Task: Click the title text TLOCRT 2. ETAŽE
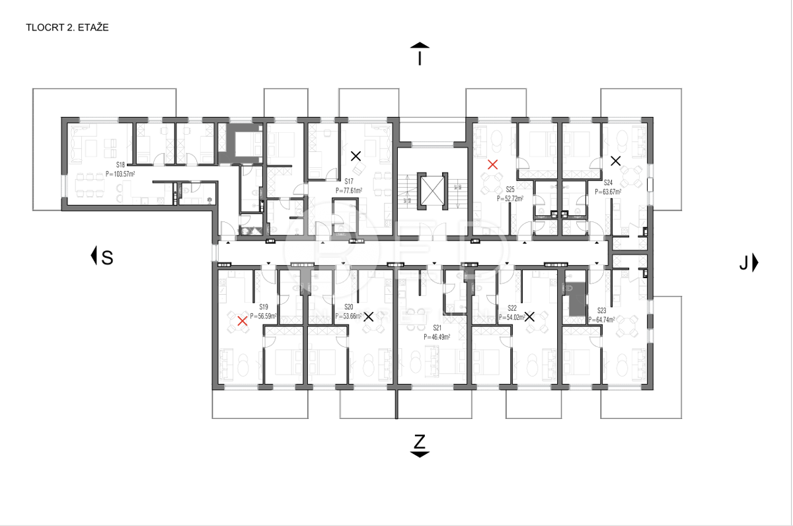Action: (x=67, y=28)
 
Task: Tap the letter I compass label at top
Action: (x=420, y=59)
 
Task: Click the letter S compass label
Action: (x=107, y=258)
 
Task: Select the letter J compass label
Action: (x=743, y=264)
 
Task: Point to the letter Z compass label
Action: (x=420, y=441)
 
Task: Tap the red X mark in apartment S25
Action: (x=492, y=165)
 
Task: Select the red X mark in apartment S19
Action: (x=243, y=320)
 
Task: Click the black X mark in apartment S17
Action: (x=356, y=157)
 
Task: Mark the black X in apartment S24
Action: (x=615, y=160)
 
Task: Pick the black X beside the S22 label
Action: (x=529, y=317)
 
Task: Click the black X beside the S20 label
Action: (x=368, y=317)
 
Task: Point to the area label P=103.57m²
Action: (x=120, y=174)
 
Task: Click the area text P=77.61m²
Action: (x=348, y=190)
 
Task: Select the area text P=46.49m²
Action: (x=437, y=336)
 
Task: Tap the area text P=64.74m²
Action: (x=601, y=319)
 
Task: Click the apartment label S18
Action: (x=120, y=165)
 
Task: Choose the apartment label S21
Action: (x=437, y=328)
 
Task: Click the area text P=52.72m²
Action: (x=510, y=198)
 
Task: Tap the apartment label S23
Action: (x=601, y=310)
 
